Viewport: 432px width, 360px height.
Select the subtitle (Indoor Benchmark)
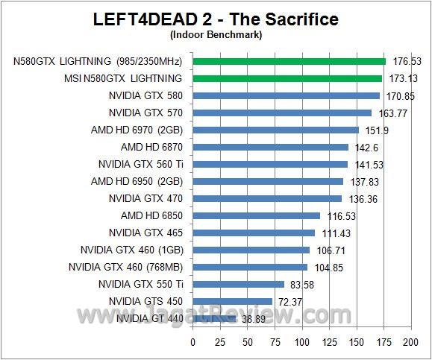click(216, 34)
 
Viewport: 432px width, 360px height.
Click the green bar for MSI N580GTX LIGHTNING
click(287, 78)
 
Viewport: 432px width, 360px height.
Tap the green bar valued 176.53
click(289, 61)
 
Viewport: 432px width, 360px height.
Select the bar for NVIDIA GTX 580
click(287, 95)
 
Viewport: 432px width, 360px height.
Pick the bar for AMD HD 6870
click(271, 147)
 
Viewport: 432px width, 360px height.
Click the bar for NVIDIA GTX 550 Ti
click(239, 284)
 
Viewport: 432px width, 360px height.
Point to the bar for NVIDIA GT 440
click(214, 318)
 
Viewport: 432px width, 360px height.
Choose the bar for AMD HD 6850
click(257, 215)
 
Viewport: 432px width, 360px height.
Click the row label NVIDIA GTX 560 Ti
click(141, 164)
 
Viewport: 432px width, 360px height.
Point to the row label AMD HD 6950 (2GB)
click(137, 181)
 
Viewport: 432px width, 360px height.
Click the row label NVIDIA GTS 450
click(146, 301)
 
